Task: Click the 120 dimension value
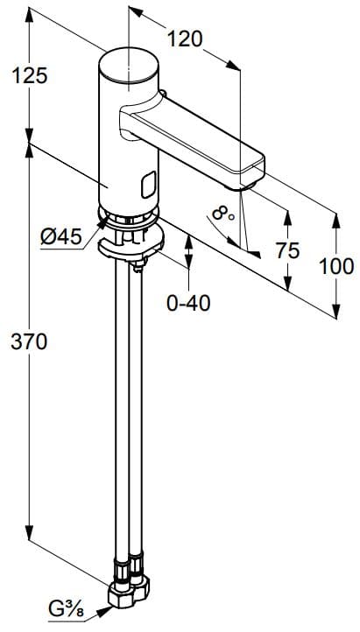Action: [185, 39]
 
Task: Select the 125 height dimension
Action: [30, 76]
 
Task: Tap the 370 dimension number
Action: [30, 341]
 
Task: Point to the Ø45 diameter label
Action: [61, 235]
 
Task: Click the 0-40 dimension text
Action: [188, 303]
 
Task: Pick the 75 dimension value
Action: [287, 251]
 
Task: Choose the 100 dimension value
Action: [337, 266]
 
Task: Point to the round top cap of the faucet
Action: [130, 67]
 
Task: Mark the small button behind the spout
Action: [163, 95]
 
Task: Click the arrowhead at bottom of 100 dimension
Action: [337, 312]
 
